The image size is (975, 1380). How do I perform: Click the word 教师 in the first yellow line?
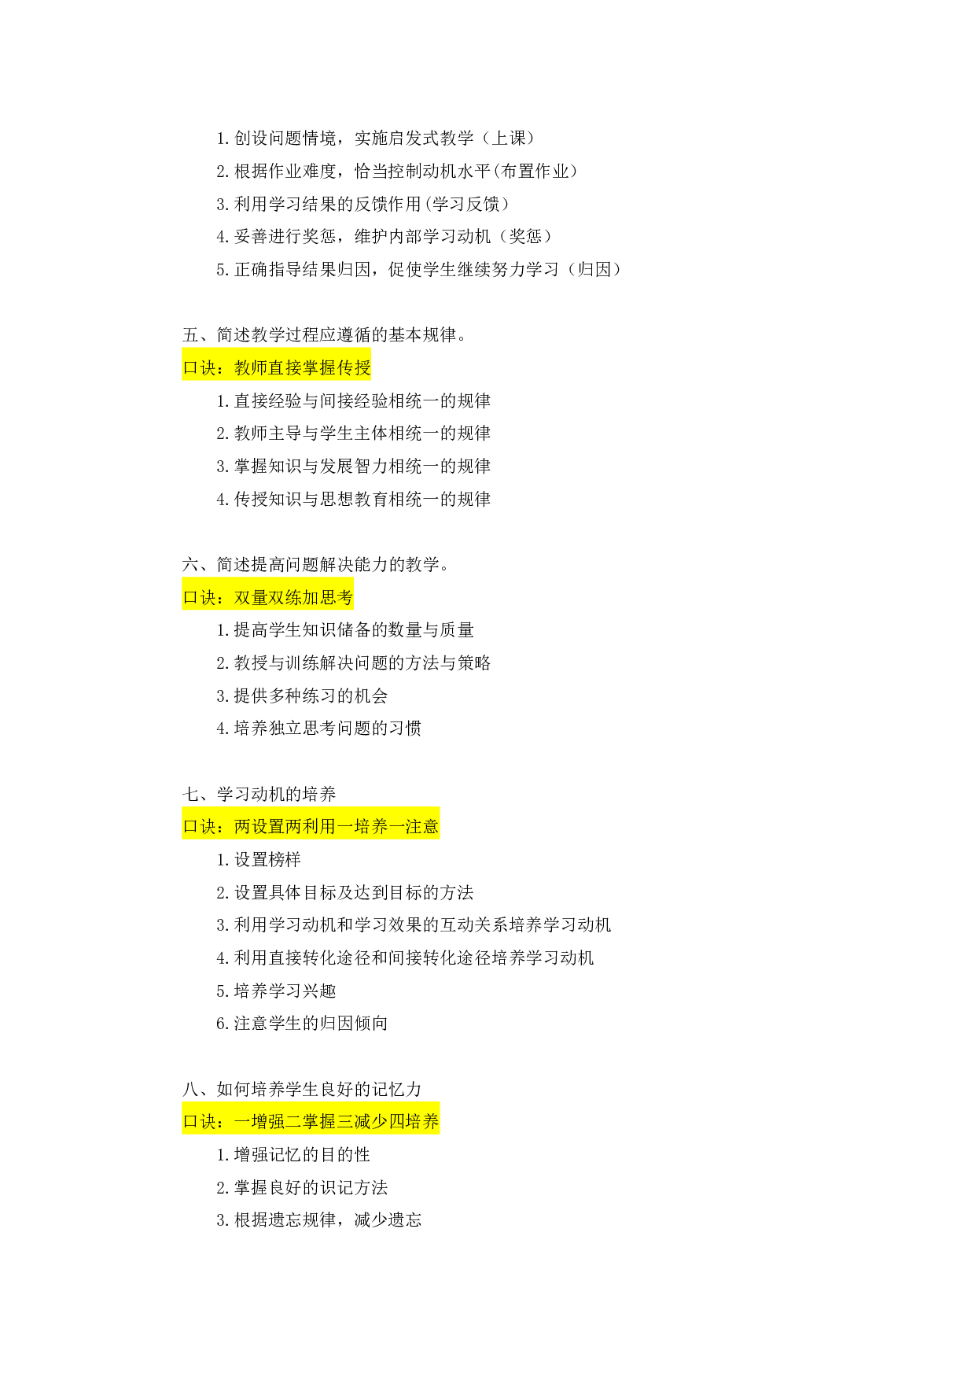coord(251,367)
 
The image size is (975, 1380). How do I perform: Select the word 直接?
coord(285,367)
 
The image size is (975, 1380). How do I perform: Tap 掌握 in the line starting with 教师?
coord(319,367)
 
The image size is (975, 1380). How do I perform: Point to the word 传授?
coord(354,367)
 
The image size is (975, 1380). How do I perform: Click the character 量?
coord(259,597)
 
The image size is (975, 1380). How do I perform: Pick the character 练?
coord(294,597)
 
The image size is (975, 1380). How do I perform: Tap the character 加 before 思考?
coord(311,597)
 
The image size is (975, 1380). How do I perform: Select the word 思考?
coord(337,597)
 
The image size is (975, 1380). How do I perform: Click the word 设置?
coord(268,826)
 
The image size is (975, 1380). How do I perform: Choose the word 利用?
coord(319,826)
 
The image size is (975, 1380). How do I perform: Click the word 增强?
coord(268,1121)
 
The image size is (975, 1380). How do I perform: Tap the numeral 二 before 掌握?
coord(293,1121)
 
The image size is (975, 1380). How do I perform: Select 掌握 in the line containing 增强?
coord(319,1121)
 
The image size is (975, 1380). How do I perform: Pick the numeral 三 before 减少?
coord(345,1121)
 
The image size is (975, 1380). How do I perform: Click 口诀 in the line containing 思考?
coord(199,597)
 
